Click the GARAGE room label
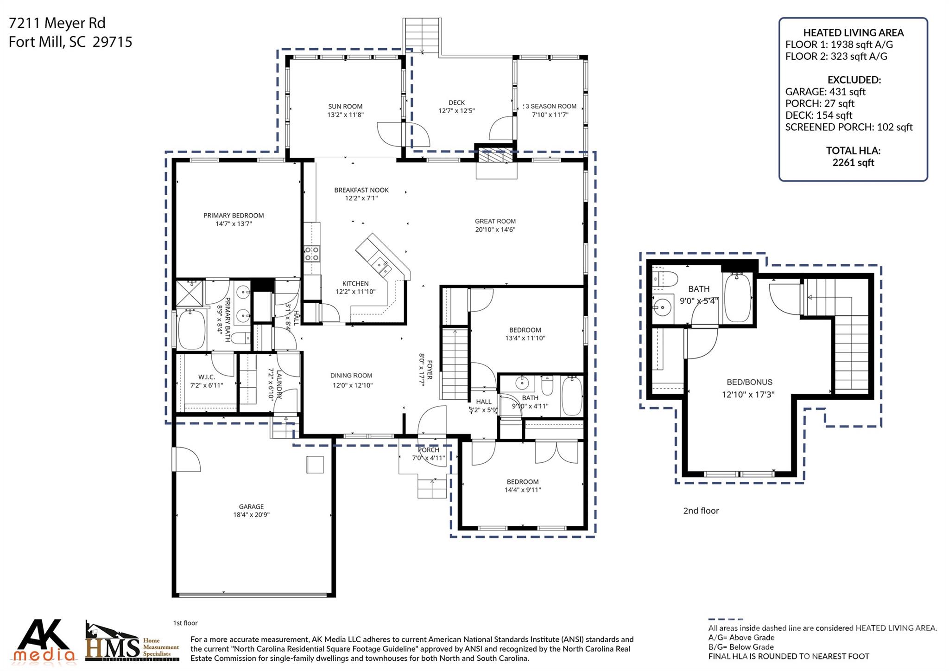point(251,506)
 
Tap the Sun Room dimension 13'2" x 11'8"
point(345,115)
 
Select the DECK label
point(456,102)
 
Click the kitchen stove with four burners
point(311,254)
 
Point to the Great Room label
point(495,221)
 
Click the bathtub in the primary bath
point(191,330)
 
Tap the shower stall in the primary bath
point(188,294)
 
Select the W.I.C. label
point(206,377)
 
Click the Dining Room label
point(351,376)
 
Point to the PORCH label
point(428,450)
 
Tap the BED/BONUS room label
point(749,382)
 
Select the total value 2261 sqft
point(853,163)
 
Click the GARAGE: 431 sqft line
point(825,92)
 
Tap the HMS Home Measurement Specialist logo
point(132,643)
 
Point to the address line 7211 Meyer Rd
point(57,23)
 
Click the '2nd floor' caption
point(701,511)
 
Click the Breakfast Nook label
point(361,190)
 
